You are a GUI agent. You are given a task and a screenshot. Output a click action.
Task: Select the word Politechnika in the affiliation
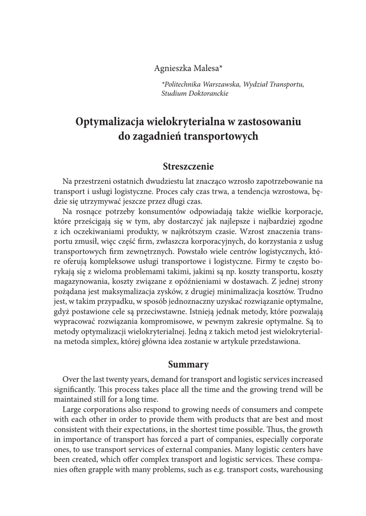181,85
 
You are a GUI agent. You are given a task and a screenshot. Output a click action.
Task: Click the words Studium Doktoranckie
195,93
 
